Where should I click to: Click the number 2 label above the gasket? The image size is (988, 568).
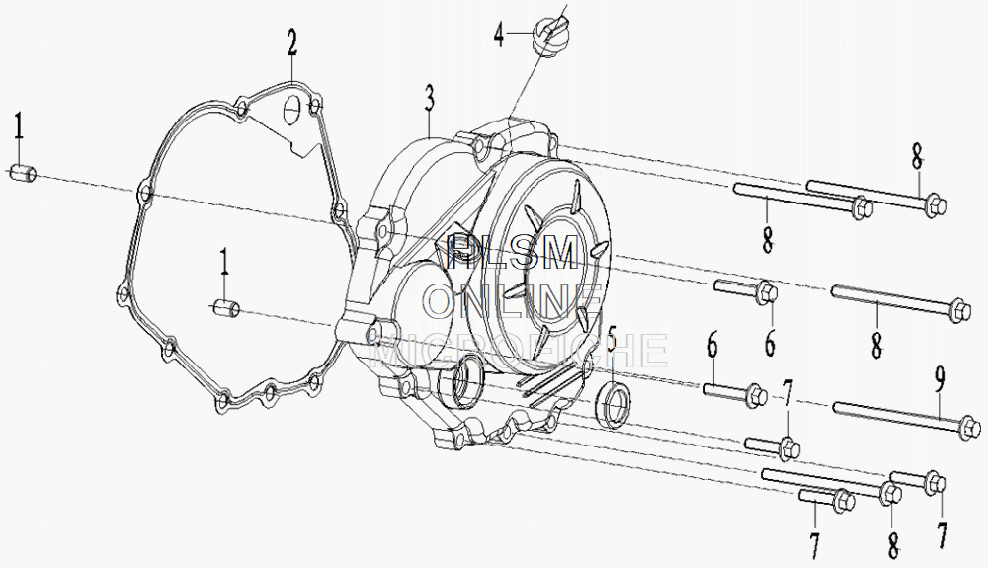(292, 42)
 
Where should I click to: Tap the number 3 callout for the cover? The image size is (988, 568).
(430, 98)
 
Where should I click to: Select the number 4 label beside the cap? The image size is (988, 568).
(500, 36)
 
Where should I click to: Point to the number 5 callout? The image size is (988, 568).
(611, 341)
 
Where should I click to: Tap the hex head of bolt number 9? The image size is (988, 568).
(970, 428)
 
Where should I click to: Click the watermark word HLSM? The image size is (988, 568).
(512, 254)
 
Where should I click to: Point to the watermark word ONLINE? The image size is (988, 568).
(514, 300)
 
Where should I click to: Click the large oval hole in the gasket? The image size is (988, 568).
(291, 112)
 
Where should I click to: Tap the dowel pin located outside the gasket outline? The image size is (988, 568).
(23, 174)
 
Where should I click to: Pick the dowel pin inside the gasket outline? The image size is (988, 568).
(226, 308)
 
